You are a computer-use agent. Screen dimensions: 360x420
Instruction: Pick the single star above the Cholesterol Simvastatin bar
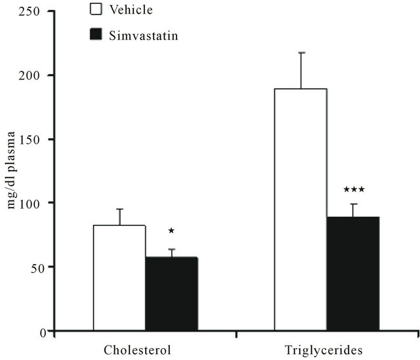pos(171,231)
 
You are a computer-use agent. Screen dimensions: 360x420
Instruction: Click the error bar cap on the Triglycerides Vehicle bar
pos(301,53)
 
